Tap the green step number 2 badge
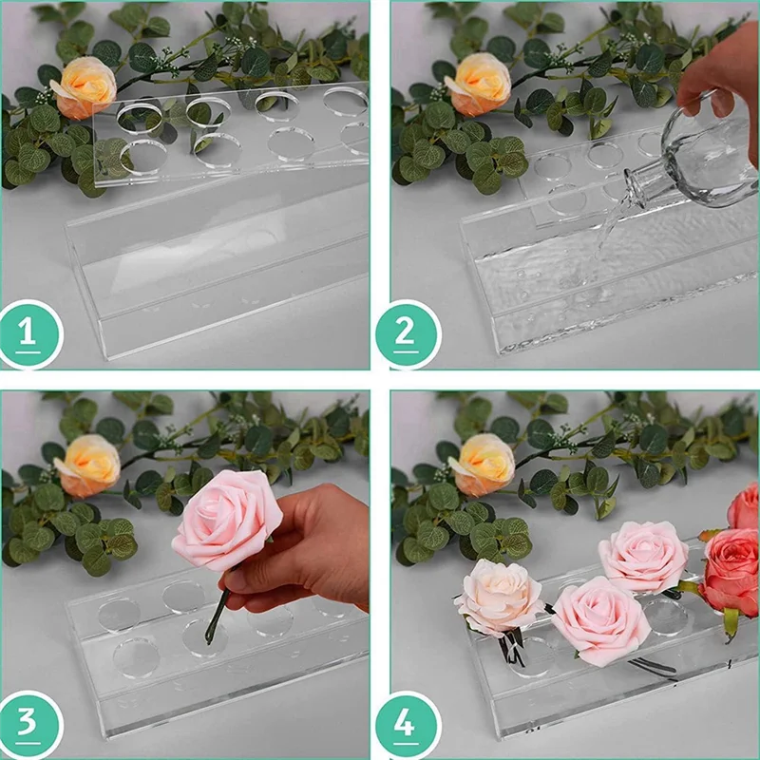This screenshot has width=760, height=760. pos(408,334)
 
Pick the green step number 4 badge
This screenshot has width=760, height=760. pos(408,724)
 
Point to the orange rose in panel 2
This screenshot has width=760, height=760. pos(478,85)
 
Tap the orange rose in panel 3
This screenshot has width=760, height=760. pos(88,465)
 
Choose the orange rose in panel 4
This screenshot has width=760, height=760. pos(483,465)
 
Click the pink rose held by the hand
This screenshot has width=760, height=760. pos(226,520)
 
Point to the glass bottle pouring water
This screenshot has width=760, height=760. pos(698,160)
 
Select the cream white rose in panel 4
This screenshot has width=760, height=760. pos(500,598)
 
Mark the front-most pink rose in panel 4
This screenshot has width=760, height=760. pos(601,620)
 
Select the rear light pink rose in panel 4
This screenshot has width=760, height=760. pos(644,558)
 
